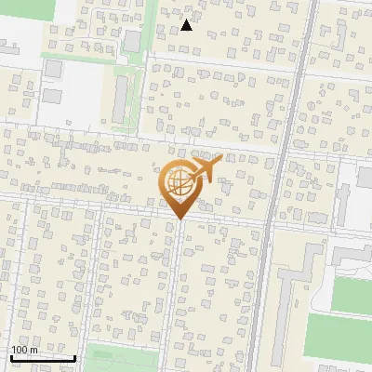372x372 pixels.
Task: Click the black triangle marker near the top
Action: coord(187,25)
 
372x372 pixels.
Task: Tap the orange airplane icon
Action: coord(207,168)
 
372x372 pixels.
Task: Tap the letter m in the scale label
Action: coord(34,350)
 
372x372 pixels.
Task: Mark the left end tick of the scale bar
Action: coord(10,357)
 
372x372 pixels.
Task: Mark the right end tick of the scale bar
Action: coord(74,357)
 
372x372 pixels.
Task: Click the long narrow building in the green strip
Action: coord(120,100)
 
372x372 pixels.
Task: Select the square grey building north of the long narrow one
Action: coord(132,41)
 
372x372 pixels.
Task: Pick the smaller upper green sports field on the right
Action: coord(352,296)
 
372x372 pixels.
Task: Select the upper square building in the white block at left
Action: coord(53,70)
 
